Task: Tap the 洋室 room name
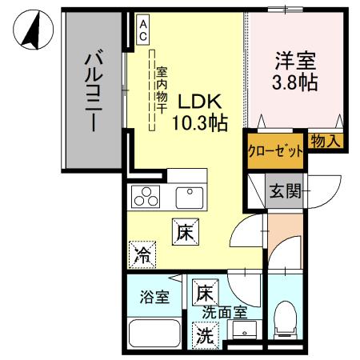pos(295,60)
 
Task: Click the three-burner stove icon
pos(146,195)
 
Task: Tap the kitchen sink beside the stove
pos(190,194)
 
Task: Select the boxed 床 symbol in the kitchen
pos(184,234)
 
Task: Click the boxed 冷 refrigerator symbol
pos(144,255)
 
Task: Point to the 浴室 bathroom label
pos(155,298)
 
